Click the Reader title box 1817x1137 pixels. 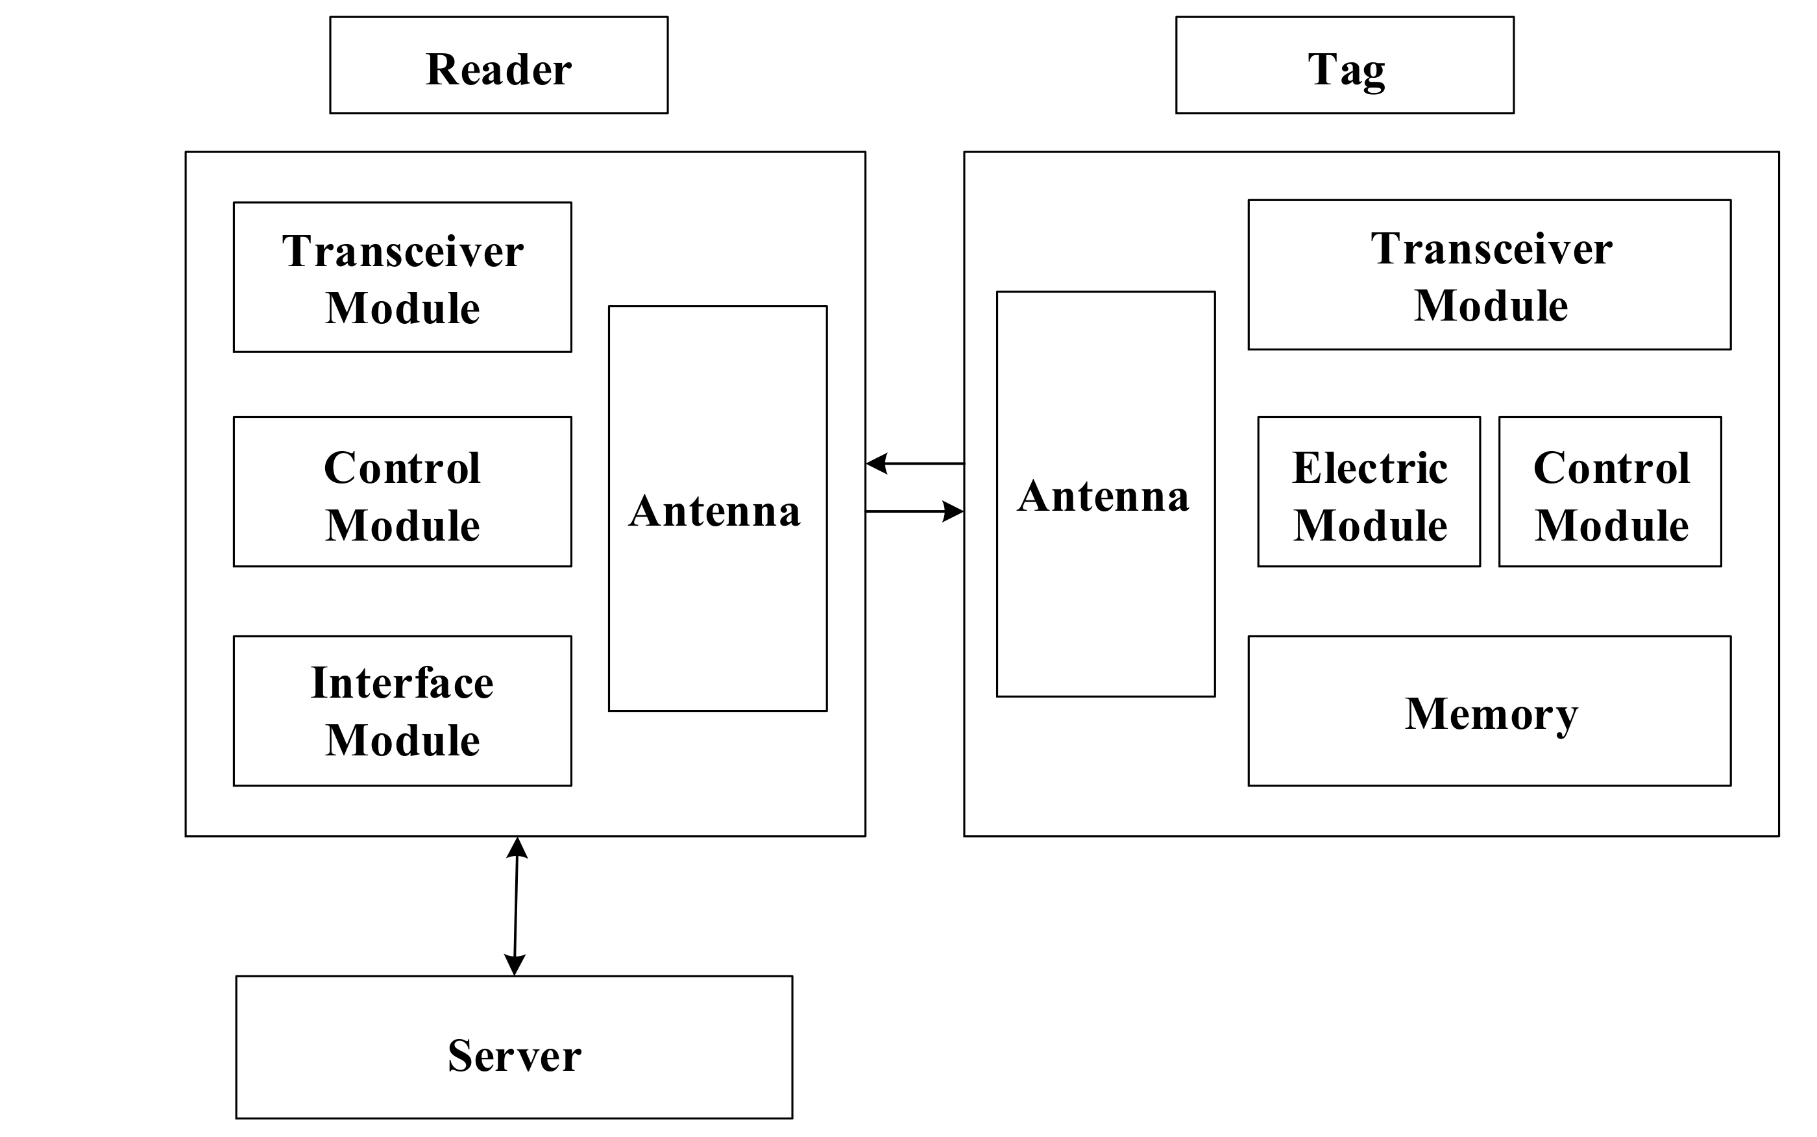(498, 66)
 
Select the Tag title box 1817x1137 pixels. (1344, 66)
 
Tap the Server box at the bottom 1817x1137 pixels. (513, 1047)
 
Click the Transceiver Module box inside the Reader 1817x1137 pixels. (402, 276)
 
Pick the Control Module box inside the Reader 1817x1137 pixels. (402, 491)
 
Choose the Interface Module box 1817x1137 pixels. (402, 711)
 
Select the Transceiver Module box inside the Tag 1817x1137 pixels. (1489, 275)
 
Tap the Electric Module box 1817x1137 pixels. (1369, 491)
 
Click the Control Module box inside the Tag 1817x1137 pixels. (1609, 491)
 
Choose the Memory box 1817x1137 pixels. (1489, 711)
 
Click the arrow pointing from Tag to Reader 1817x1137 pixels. (914, 463)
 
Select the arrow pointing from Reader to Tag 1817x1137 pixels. (914, 511)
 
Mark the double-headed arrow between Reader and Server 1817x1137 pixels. (516, 906)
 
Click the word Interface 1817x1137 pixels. (402, 683)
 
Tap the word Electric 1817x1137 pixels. (1370, 468)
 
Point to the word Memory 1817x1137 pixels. (1491, 713)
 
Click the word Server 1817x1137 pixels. (514, 1055)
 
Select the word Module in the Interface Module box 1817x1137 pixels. (402, 740)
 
